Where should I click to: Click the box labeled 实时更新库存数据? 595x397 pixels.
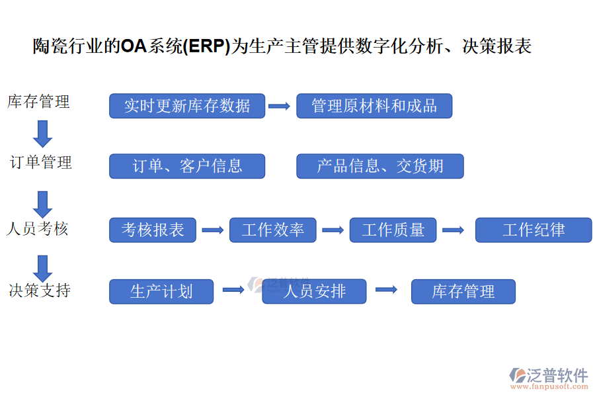click(187, 106)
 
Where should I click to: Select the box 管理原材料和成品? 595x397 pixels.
click(374, 106)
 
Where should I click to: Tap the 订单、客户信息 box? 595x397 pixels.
click(187, 166)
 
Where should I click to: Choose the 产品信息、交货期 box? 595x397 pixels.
click(380, 166)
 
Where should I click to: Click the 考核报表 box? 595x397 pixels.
click(153, 230)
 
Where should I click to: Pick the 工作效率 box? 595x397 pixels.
click(272, 230)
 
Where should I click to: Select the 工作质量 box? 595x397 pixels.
click(393, 230)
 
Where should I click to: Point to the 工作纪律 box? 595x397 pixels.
click(534, 230)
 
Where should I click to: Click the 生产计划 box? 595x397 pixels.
click(161, 291)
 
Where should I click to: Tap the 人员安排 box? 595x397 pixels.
click(314, 291)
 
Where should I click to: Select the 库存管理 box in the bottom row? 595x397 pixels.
click(463, 291)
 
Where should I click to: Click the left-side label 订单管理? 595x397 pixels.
click(41, 163)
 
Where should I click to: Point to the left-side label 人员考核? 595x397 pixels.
click(38, 229)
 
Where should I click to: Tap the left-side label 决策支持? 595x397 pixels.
click(40, 290)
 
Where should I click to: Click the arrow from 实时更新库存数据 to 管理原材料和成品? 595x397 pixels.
click(280, 106)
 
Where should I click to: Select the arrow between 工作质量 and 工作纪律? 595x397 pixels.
click(454, 230)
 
